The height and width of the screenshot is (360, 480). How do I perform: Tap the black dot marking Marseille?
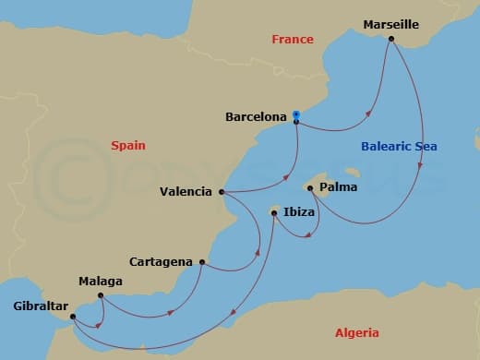pos(391,39)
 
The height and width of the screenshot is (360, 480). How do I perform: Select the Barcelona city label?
pos(256,117)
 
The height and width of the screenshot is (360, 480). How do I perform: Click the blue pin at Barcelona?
pos(295,115)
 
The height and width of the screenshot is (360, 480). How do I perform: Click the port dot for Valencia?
pos(222,192)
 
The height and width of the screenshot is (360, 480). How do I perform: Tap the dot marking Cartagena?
pos(201,262)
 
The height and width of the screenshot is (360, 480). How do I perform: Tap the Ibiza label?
pos(299,212)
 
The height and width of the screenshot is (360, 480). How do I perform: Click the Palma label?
pos(335,188)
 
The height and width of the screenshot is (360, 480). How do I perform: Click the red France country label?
pos(293,39)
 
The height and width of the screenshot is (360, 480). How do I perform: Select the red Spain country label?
pos(128,145)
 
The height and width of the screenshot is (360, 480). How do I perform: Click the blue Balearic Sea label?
pos(398,147)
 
